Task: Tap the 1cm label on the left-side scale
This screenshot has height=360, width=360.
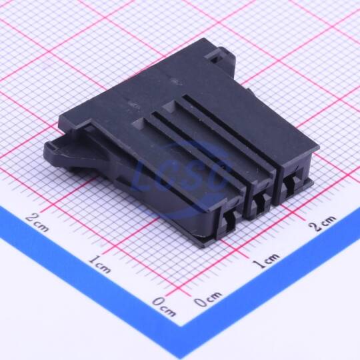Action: tap(99, 265)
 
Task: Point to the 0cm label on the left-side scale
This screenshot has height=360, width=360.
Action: tap(165, 306)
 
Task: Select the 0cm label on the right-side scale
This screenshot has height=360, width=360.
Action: tap(208, 299)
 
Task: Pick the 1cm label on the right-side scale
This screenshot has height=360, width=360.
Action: tap(266, 261)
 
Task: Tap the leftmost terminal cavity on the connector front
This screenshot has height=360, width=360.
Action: tap(229, 221)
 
